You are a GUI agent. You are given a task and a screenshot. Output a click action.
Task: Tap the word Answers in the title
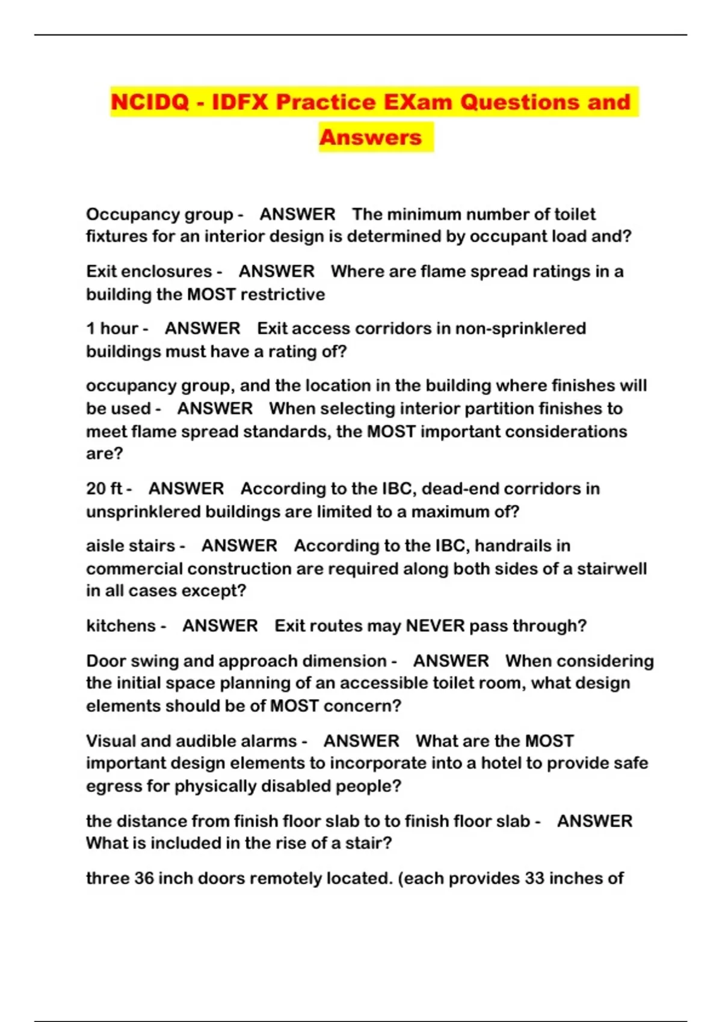click(370, 137)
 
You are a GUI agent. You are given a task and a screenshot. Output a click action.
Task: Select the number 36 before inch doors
click(144, 878)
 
